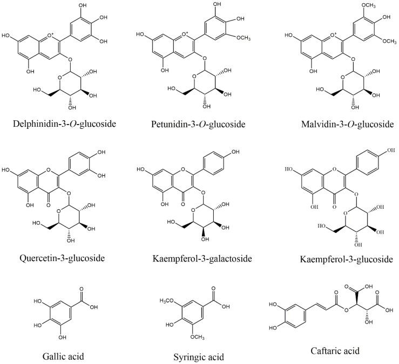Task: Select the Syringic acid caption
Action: coord(198,356)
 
